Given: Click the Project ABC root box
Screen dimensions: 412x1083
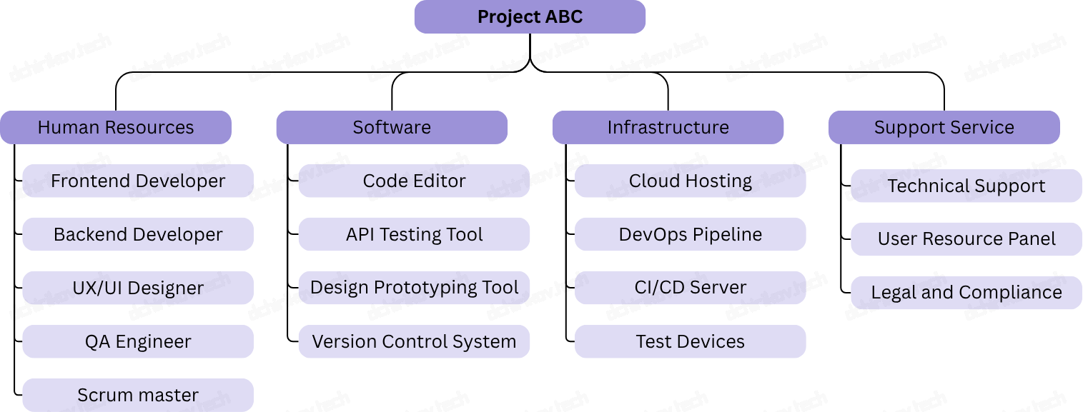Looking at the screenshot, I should pyautogui.click(x=530, y=17).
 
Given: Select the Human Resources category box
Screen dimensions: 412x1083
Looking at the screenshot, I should pyautogui.click(x=116, y=128).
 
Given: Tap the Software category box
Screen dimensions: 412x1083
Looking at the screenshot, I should pyautogui.click(x=392, y=128).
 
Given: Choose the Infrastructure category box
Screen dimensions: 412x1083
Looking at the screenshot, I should pyautogui.click(x=668, y=128).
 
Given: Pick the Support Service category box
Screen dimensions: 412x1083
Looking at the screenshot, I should pyautogui.click(x=944, y=128).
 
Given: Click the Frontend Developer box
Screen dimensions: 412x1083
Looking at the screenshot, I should pyautogui.click(x=138, y=181).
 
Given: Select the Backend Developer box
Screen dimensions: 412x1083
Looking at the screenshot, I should pyautogui.click(x=138, y=235).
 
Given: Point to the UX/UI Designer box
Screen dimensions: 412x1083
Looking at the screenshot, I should pyautogui.click(x=138, y=288).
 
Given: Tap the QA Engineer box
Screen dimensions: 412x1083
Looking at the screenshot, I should pyautogui.click(x=138, y=342).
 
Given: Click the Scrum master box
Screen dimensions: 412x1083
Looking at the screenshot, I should pyautogui.click(x=138, y=395).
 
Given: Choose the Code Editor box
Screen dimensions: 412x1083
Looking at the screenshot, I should pyautogui.click(x=414, y=181).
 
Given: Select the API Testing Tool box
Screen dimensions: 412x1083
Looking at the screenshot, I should pyautogui.click(x=414, y=235).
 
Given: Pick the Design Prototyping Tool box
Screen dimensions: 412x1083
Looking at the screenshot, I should pyautogui.click(x=414, y=288).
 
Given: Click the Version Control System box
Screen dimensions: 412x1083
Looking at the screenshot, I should pyautogui.click(x=414, y=342).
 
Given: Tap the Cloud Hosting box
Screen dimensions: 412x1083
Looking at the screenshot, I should pyautogui.click(x=690, y=181).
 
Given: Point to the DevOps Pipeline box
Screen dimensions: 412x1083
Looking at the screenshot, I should pyautogui.click(x=690, y=235).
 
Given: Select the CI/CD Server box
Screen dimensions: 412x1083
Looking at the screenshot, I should pyautogui.click(x=690, y=288).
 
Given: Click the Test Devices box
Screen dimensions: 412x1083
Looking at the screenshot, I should pyautogui.click(x=690, y=342).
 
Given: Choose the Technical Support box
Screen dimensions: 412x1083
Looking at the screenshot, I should pyautogui.click(x=966, y=186).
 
